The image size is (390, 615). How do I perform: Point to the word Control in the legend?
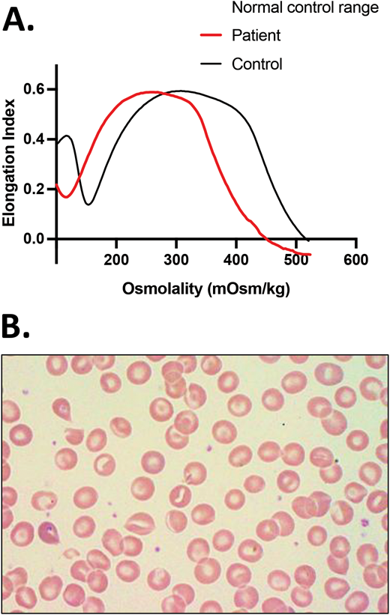256,64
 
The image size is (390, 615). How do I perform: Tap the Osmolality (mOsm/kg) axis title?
206,288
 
